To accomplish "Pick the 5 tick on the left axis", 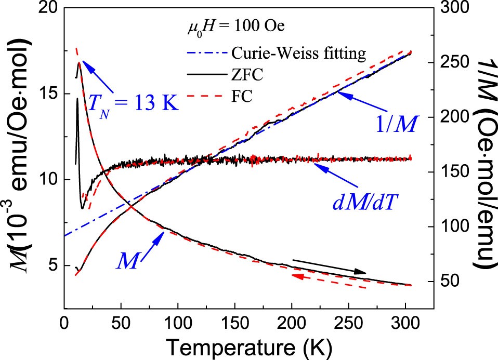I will coord(52,266).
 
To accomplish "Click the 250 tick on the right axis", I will coord(453,62).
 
